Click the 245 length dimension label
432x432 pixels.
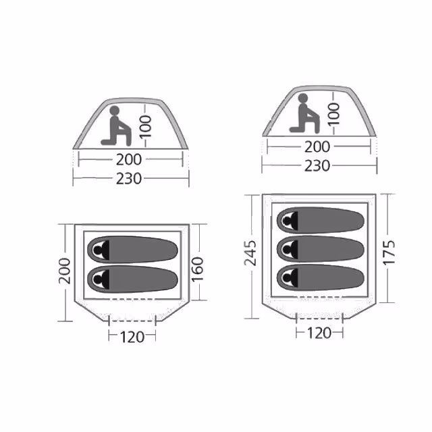[250, 253]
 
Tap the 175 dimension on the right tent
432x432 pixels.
[389, 252]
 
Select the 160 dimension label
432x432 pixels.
[198, 269]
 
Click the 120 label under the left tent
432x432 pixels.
[132, 337]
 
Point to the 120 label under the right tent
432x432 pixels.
[319, 333]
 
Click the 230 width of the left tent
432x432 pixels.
[129, 178]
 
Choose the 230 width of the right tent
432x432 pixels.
[317, 166]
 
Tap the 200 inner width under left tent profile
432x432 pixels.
[129, 159]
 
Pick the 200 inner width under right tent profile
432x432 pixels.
[317, 147]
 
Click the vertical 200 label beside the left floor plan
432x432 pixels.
[65, 271]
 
